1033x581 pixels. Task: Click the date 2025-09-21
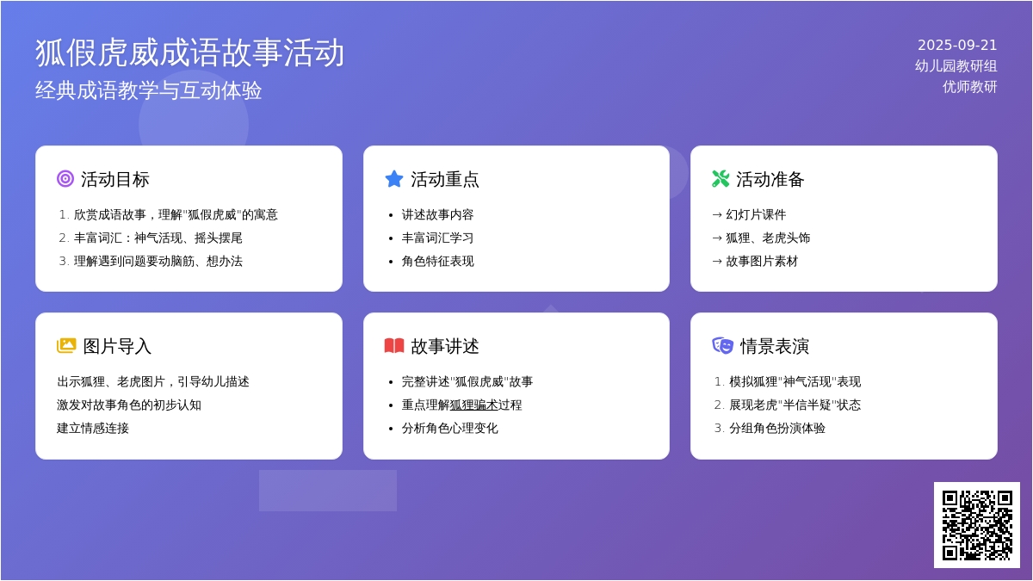click(957, 45)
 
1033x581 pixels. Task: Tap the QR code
click(977, 525)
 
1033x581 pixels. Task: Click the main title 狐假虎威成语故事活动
click(189, 53)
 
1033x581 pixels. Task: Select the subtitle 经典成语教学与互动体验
click(148, 90)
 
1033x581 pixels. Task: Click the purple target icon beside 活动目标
click(65, 179)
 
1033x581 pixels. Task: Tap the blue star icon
click(394, 179)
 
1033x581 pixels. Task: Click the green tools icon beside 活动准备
click(721, 179)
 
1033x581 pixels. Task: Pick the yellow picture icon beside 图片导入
click(66, 346)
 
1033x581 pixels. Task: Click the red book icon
click(394, 346)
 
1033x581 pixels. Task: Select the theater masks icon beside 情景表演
click(722, 346)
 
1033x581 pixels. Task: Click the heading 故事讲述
click(444, 346)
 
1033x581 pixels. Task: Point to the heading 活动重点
click(444, 179)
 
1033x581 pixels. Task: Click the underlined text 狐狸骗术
click(473, 405)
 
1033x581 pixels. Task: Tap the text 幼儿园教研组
click(956, 66)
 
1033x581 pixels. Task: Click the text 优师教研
click(970, 87)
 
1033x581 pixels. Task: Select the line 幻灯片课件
click(756, 214)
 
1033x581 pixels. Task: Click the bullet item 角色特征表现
click(437, 261)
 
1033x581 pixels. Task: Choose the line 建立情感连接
click(93, 428)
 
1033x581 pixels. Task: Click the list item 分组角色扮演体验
click(777, 428)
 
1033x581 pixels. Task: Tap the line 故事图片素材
click(762, 261)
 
